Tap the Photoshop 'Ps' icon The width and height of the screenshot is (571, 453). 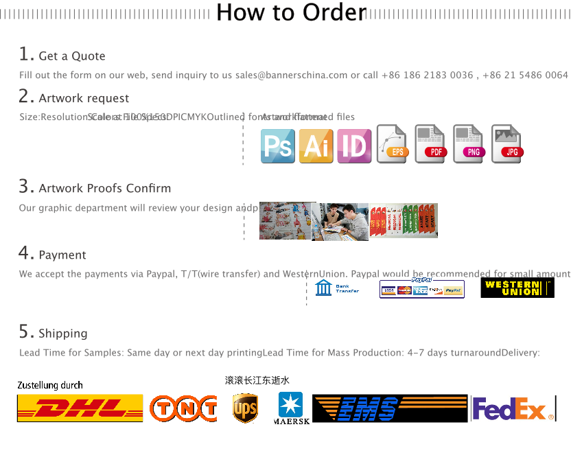coord(277,146)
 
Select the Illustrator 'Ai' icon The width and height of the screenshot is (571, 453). coord(316,146)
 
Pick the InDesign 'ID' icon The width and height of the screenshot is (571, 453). coord(354,146)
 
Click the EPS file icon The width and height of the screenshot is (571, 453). coord(393,145)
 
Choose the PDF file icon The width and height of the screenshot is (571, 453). coord(431,145)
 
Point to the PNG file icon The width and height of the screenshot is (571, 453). coord(469,145)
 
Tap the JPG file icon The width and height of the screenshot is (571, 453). coord(508,145)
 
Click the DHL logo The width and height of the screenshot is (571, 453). coord(80,408)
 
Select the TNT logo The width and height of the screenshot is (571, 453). coord(182,408)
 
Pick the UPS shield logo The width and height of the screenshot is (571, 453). coord(245,408)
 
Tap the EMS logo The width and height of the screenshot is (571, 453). coord(371,408)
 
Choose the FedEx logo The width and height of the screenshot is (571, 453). coord(513,410)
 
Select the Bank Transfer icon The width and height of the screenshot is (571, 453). coord(340,288)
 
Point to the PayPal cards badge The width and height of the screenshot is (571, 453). coord(422,288)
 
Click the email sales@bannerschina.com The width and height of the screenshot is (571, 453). coord(291,75)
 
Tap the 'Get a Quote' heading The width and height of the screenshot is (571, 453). coord(71,56)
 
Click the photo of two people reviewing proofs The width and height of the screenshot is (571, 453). coord(340,222)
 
